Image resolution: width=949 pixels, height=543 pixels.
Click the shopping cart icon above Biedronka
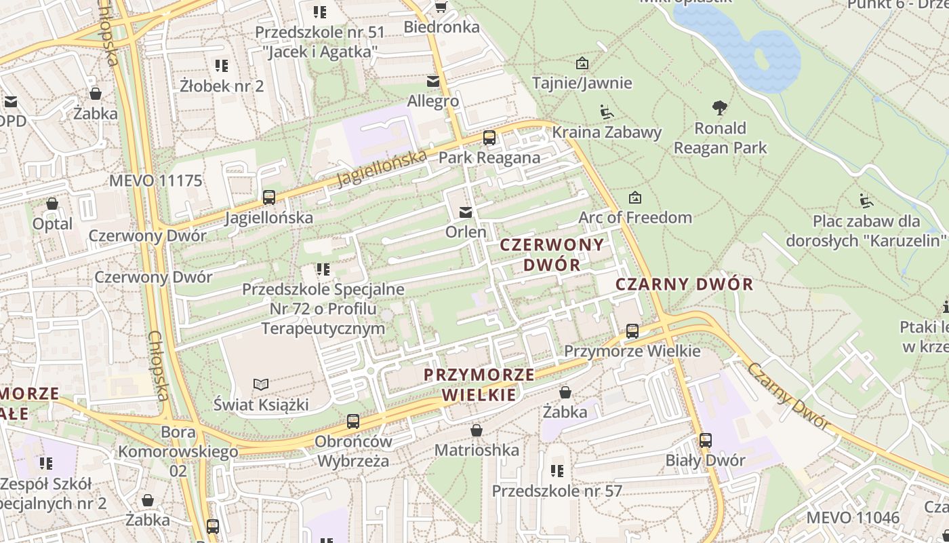coord(441,7)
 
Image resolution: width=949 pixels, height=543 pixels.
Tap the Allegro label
coord(432,102)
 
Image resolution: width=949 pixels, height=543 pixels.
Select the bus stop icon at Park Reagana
coord(489,138)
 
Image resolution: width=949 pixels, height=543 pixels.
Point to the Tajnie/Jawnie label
coord(582,83)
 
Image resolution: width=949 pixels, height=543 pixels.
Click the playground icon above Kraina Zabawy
coord(607,111)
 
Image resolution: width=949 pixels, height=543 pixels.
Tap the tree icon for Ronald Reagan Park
coord(720,108)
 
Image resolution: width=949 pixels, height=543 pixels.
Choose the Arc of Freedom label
coord(635,217)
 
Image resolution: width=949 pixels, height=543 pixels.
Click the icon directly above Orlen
coord(466,212)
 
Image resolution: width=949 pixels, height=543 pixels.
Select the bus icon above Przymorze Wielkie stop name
coord(632,331)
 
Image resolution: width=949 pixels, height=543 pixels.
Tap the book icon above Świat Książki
coord(261,385)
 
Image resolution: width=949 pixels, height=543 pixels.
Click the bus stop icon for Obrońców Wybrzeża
coord(353,421)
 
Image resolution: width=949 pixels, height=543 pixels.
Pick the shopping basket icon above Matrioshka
coord(477,430)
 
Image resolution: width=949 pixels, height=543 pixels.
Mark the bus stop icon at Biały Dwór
coord(706,440)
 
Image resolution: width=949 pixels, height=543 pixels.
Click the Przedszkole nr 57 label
coord(557,491)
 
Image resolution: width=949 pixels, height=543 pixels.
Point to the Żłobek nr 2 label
coord(222,86)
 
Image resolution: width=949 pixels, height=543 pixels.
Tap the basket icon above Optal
coord(52,204)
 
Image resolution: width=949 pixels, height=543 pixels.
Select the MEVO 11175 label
coord(156,181)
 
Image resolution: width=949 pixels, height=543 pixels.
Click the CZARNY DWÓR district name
coord(685,284)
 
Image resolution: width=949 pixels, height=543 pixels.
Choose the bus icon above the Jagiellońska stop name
coord(269,198)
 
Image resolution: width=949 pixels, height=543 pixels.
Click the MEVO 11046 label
coord(853,519)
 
